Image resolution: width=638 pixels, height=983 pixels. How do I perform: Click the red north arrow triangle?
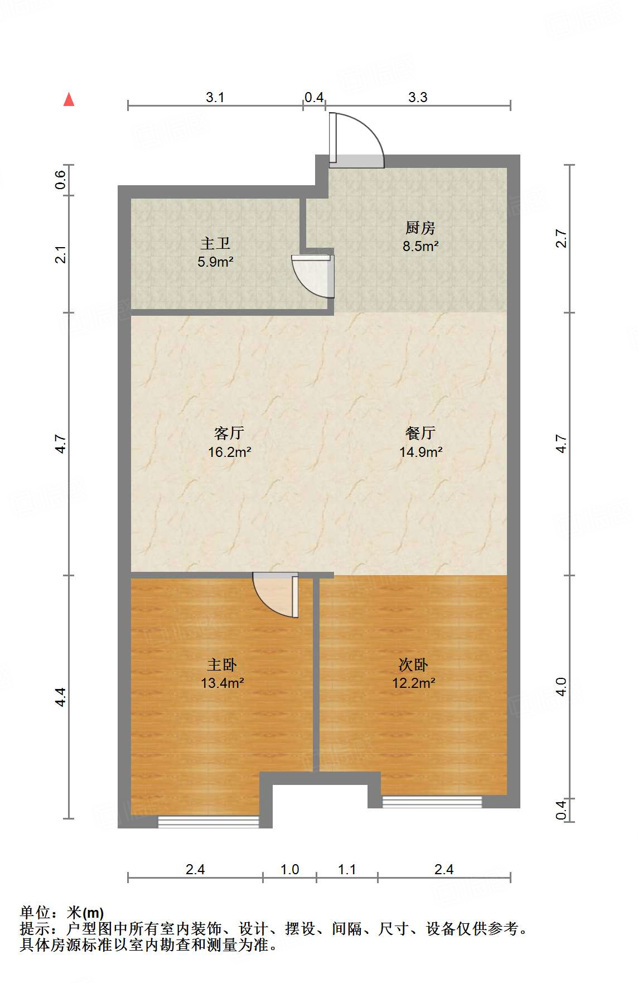(69, 99)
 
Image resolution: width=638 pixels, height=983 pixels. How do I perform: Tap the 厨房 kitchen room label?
(420, 228)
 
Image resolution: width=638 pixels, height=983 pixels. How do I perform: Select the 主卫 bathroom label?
(215, 243)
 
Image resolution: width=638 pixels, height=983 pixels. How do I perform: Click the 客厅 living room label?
(229, 433)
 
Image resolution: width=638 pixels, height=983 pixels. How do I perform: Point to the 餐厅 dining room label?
(420, 433)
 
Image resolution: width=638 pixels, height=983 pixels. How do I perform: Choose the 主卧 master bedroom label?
(222, 664)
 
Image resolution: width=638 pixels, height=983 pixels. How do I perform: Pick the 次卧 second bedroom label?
(413, 664)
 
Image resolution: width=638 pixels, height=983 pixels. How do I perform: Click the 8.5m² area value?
(420, 246)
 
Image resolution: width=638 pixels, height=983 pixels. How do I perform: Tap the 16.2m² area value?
(229, 452)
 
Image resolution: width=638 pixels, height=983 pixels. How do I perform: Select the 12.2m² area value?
(414, 683)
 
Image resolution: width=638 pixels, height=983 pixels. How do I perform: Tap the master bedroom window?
(209, 821)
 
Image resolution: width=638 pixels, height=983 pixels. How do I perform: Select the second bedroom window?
(432, 802)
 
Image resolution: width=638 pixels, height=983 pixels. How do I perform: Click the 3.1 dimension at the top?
(215, 97)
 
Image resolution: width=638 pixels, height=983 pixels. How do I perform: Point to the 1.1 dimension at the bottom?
(347, 869)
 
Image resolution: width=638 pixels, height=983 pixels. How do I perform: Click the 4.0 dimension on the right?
(561, 687)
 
